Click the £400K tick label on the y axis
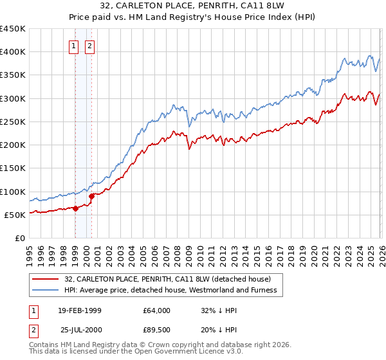[x=13, y=52]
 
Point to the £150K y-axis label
[x=13, y=168]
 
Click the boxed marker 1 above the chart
[x=73, y=46]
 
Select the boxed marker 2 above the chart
[x=89, y=46]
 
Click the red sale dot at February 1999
[x=76, y=208]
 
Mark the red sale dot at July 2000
[x=92, y=196]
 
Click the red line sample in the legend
[x=46, y=279]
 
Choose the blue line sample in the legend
[x=46, y=290]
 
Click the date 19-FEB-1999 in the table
[x=79, y=310]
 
